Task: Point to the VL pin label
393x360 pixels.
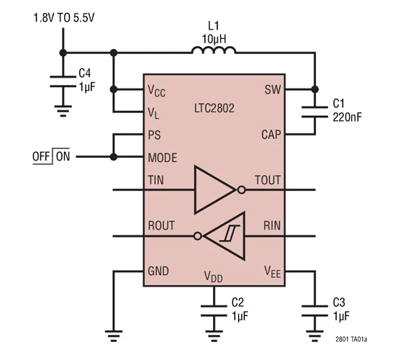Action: pos(155,112)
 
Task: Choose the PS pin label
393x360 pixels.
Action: pos(154,135)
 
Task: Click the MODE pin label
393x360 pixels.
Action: pos(162,157)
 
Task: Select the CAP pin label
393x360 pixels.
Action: pos(271,135)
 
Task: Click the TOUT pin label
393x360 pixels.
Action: pos(268,180)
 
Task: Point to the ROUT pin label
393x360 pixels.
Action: pos(161,225)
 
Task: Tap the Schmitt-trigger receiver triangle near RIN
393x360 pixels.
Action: pos(225,235)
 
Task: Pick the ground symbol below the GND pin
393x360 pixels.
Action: pos(112,333)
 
